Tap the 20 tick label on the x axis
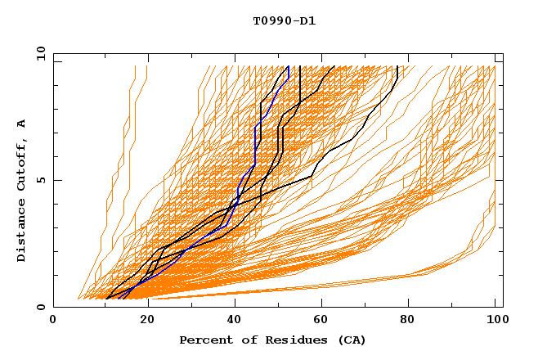[x=147, y=322]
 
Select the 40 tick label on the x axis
[x=235, y=322]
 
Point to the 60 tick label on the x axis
[x=324, y=322]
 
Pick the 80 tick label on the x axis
[x=412, y=322]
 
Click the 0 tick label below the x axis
[x=54, y=322]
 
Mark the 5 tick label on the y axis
[x=39, y=180]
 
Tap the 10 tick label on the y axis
[x=37, y=53]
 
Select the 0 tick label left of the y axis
[x=39, y=307]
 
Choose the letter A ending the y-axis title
[x=22, y=124]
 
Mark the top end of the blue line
[x=288, y=66]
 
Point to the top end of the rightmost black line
[x=397, y=66]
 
